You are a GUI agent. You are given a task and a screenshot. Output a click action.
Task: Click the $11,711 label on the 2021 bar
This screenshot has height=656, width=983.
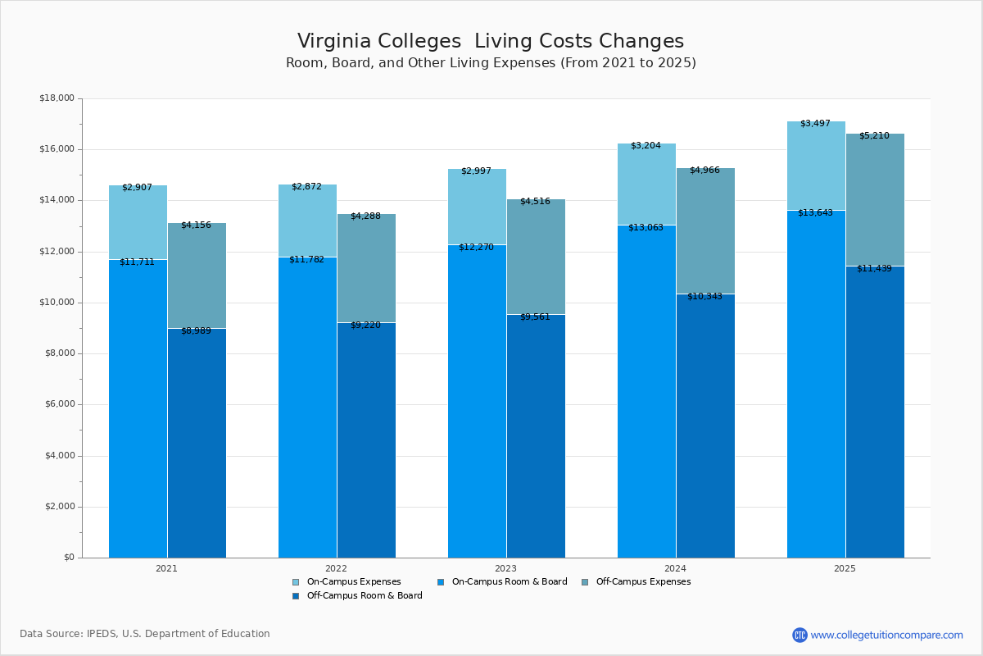[137, 262]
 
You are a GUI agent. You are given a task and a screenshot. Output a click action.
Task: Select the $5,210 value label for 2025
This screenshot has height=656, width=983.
[874, 136]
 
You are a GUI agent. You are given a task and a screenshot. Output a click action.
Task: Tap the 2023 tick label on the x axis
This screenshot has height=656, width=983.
[505, 568]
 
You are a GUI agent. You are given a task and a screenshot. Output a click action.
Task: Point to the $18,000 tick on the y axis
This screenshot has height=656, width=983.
[57, 98]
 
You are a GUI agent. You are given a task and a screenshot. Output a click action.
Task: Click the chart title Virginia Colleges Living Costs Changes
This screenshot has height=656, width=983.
[490, 41]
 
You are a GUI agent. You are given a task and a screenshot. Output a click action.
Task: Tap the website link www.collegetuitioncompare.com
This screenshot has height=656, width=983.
[886, 635]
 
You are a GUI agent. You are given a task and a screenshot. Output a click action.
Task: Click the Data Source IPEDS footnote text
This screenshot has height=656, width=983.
[145, 634]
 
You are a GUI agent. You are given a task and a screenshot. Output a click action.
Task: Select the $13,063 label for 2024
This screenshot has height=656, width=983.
[646, 228]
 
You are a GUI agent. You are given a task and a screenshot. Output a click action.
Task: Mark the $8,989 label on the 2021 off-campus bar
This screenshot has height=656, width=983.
[196, 331]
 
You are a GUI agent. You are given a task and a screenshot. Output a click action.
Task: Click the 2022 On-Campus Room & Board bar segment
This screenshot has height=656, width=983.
[307, 410]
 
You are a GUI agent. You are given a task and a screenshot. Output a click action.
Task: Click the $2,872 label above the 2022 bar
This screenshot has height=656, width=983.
[306, 187]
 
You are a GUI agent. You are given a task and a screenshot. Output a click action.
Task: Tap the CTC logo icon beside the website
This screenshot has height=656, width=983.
[800, 635]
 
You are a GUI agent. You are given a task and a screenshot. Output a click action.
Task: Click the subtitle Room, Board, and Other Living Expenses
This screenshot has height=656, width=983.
[490, 63]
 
